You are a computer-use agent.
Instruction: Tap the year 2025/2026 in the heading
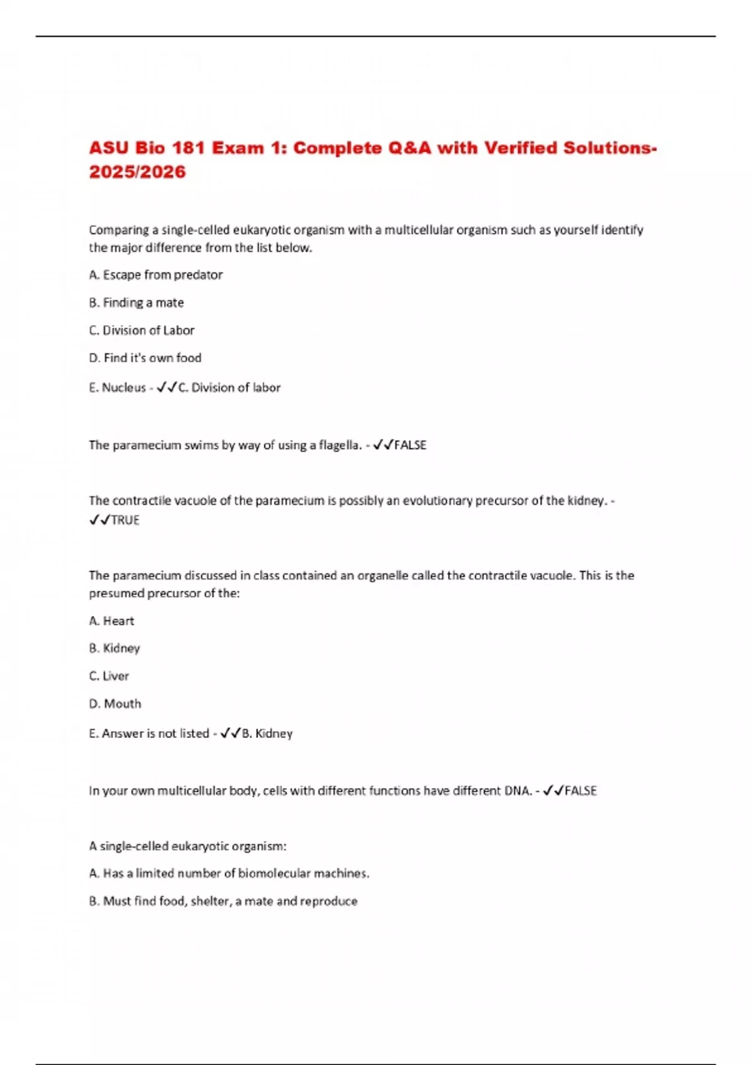(137, 172)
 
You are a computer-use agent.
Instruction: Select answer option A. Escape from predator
(155, 275)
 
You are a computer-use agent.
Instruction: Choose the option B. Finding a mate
(136, 303)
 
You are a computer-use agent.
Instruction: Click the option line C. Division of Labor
(142, 330)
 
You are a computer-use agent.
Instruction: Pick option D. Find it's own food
(145, 358)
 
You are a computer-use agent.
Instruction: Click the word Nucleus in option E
(123, 388)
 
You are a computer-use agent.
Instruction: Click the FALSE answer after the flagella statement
(410, 445)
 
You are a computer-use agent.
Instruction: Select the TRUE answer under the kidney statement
(125, 520)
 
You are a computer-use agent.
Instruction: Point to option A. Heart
(112, 621)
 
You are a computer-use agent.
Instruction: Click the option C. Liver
(109, 676)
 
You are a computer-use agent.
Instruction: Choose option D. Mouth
(115, 704)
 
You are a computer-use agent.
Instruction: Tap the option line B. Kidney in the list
(114, 648)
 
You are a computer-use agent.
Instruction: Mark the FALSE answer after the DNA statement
(580, 791)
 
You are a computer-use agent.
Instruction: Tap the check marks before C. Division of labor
(166, 388)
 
